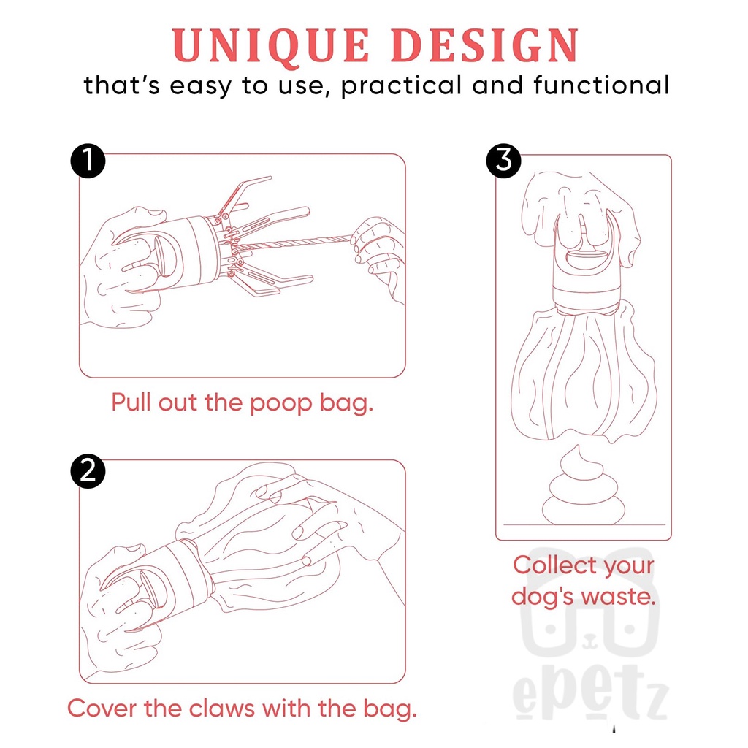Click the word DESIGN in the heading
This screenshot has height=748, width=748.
coord(486,45)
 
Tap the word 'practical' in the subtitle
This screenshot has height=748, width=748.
coord(402,86)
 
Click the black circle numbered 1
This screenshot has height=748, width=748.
coord(88,161)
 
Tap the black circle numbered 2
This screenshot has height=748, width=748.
coord(88,471)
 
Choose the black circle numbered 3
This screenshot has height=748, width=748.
coord(504,161)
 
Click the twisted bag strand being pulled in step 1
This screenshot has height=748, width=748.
coord(295,243)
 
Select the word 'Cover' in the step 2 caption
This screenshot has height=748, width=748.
coord(102,708)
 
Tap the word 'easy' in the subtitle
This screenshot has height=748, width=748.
coord(201,87)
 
